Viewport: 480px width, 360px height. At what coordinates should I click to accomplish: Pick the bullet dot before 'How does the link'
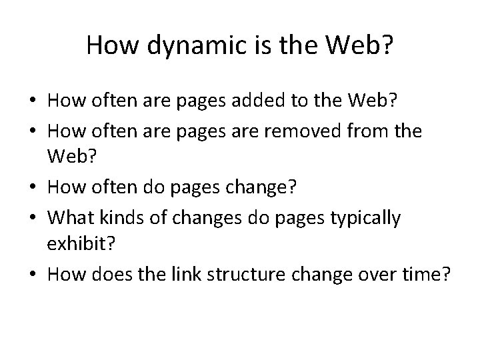[31, 273]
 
